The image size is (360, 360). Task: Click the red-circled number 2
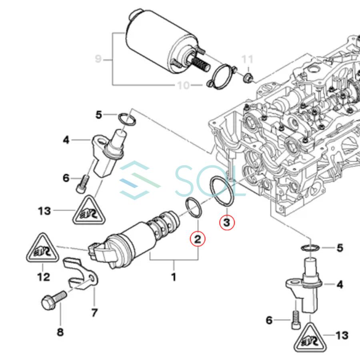click(x=197, y=239)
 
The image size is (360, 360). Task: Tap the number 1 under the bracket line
click(x=174, y=276)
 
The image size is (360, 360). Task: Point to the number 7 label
click(x=94, y=312)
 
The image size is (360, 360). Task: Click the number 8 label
click(x=60, y=332)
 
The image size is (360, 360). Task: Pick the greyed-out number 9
click(x=98, y=59)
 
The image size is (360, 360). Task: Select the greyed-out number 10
click(x=183, y=85)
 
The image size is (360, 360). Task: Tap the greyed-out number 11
click(x=248, y=60)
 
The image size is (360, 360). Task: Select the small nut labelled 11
click(x=248, y=76)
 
